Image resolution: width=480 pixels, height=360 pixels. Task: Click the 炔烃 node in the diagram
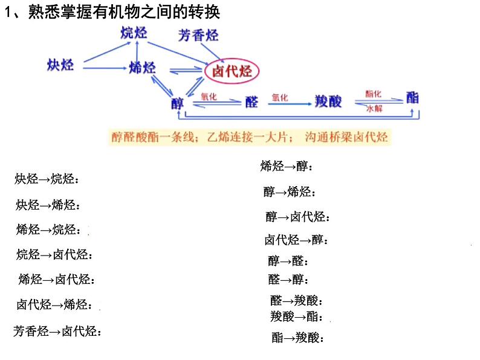click(60, 65)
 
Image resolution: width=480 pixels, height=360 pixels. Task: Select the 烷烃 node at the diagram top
click(134, 33)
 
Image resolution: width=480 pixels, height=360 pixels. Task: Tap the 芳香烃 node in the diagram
click(198, 36)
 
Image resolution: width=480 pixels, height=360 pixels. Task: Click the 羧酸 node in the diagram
click(328, 101)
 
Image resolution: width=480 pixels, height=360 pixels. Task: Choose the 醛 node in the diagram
click(251, 101)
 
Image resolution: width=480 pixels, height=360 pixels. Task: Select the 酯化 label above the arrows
click(373, 94)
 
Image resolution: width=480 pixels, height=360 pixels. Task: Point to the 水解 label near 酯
click(374, 109)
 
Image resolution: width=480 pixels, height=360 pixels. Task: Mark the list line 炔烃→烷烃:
click(47, 179)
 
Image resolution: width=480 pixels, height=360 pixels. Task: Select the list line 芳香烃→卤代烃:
click(57, 331)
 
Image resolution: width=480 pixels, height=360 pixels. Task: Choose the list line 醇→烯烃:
click(290, 192)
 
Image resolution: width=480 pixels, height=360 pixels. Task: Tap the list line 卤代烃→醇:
click(296, 240)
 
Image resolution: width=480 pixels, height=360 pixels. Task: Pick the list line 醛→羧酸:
click(296, 300)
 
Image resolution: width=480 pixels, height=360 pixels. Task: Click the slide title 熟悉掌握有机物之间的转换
click(124, 11)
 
